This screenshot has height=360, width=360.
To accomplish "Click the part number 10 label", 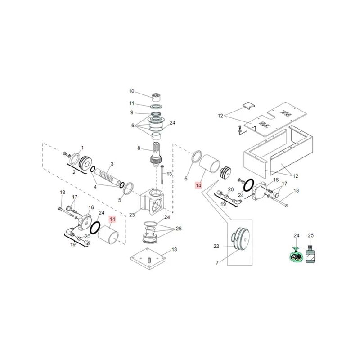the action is coord(131,91).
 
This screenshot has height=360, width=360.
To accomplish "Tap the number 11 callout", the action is coord(131,103).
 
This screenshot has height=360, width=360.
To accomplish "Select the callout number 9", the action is coord(132,112).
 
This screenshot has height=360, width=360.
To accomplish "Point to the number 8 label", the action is coord(139,148).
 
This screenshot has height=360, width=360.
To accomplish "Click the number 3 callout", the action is coord(112,164).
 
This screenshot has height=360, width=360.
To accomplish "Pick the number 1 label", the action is coord(82,148).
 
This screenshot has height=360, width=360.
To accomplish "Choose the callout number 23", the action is coord(132,215).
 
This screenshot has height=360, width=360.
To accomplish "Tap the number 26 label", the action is coord(179,229).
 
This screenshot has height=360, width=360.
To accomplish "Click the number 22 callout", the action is coord(216,246).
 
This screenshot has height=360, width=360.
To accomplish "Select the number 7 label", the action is coord(217,263).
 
